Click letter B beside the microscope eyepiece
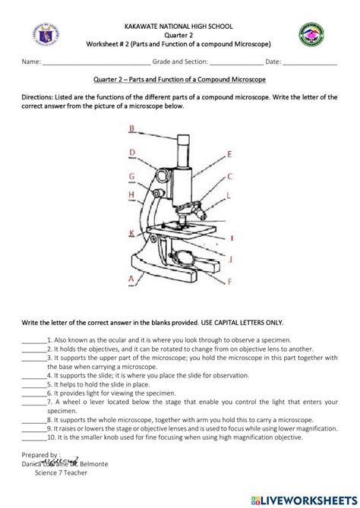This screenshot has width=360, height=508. click(x=131, y=129)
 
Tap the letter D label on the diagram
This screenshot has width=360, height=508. click(x=132, y=153)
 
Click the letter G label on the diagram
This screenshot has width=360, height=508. click(x=132, y=177)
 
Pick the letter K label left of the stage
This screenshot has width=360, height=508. click(x=132, y=232)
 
